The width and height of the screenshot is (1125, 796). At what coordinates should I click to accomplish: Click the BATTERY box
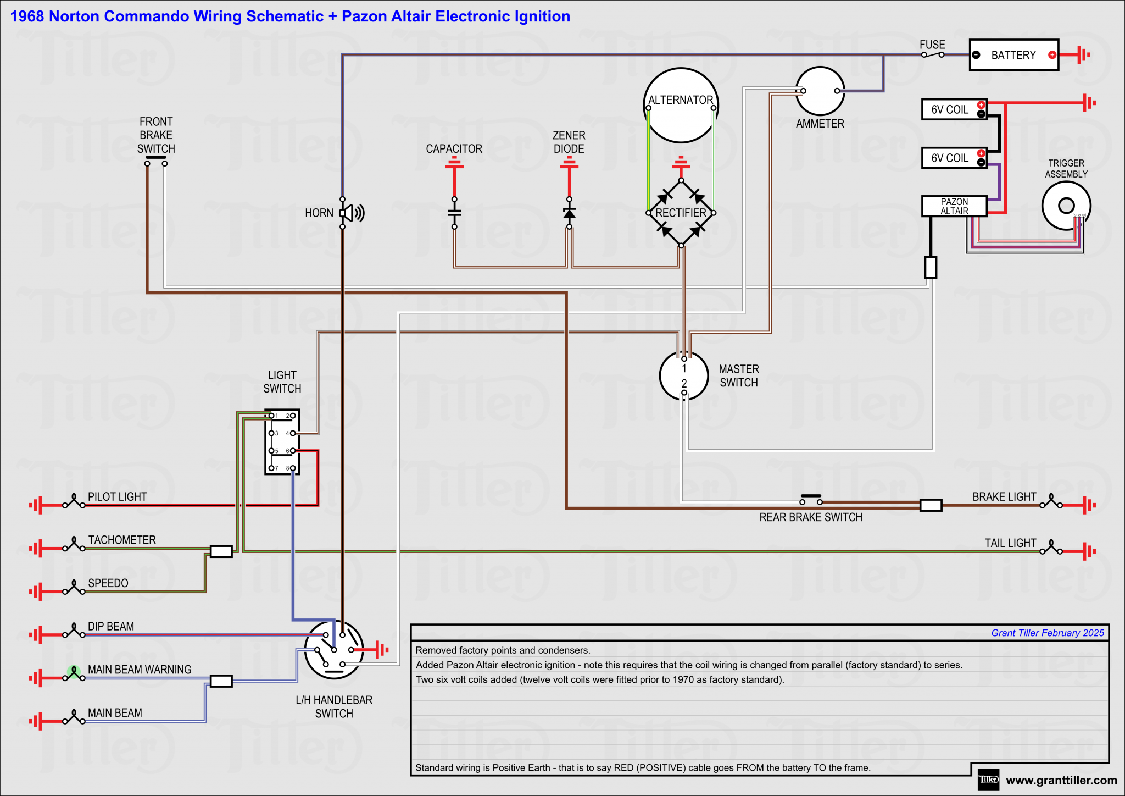pyautogui.click(x=1013, y=55)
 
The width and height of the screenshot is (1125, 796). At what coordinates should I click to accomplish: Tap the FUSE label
pyautogui.click(x=932, y=45)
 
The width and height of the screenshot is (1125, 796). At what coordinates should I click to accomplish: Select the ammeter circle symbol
pyautogui.click(x=820, y=91)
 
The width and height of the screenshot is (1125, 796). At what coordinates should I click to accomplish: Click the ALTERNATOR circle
pyautogui.click(x=681, y=106)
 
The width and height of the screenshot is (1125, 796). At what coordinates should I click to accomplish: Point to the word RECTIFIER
pyautogui.click(x=681, y=213)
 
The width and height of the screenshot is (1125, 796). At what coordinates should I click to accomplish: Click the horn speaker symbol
pyautogui.click(x=352, y=213)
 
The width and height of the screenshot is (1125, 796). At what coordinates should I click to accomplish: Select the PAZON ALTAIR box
pyautogui.click(x=954, y=206)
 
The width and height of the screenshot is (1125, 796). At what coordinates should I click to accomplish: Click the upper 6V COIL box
pyautogui.click(x=954, y=109)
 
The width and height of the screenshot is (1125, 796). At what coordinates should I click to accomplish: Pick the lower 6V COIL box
pyautogui.click(x=954, y=158)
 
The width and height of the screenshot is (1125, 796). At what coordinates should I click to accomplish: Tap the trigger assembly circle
pyautogui.click(x=1066, y=206)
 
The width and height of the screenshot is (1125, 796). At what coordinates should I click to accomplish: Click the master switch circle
pyautogui.click(x=684, y=376)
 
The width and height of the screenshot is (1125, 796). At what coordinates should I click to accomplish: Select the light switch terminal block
pyautogui.click(x=282, y=442)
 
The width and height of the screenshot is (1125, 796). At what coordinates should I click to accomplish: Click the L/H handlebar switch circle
pyautogui.click(x=334, y=650)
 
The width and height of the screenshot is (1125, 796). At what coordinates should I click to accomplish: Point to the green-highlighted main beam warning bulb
pyautogui.click(x=74, y=672)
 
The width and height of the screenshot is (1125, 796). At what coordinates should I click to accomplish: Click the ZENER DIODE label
pyautogui.click(x=569, y=142)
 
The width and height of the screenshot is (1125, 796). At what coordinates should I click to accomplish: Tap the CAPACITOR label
pyautogui.click(x=454, y=149)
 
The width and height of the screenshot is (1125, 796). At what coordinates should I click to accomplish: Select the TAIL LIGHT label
pyautogui.click(x=1010, y=543)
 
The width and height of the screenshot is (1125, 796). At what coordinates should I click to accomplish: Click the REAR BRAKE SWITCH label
pyautogui.click(x=810, y=517)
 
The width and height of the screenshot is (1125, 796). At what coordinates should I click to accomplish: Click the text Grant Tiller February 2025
pyautogui.click(x=1047, y=633)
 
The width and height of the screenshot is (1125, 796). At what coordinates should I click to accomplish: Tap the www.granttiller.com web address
pyautogui.click(x=1061, y=780)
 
